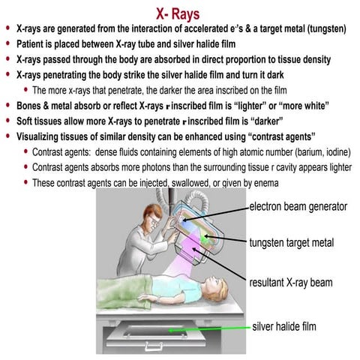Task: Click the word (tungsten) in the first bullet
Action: [x=322, y=29]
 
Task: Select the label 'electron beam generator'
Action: [x=299, y=206]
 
